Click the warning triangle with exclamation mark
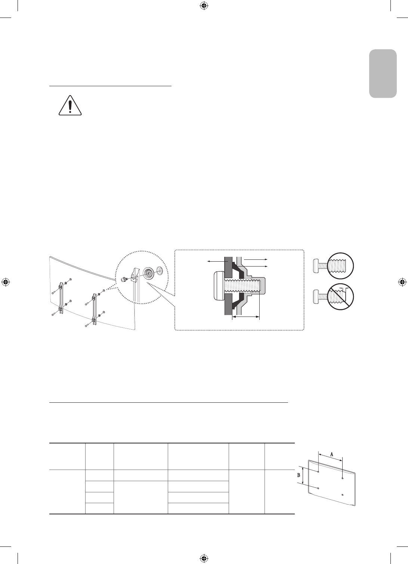pyautogui.click(x=70, y=105)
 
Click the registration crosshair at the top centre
pyautogui.click(x=204, y=6)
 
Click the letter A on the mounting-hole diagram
pyautogui.click(x=331, y=454)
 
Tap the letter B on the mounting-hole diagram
pyautogui.click(x=299, y=476)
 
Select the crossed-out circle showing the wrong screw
pyautogui.click(x=341, y=297)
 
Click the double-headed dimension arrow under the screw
pyautogui.click(x=245, y=317)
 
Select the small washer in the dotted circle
pyautogui.click(x=159, y=271)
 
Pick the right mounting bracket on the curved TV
pyautogui.click(x=94, y=308)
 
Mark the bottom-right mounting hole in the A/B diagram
pyautogui.click(x=343, y=495)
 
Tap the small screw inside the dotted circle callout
pyautogui.click(x=124, y=278)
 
